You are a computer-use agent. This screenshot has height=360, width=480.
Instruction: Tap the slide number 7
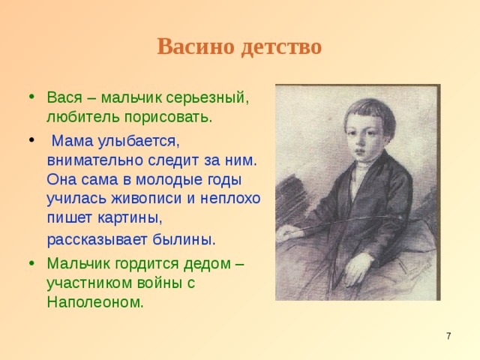(448, 336)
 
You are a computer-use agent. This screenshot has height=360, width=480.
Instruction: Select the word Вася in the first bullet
(63, 97)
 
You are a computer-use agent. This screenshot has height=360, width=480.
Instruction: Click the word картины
(133, 218)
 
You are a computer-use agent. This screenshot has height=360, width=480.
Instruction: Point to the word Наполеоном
(94, 303)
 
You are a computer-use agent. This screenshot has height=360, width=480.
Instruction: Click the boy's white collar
(361, 169)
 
